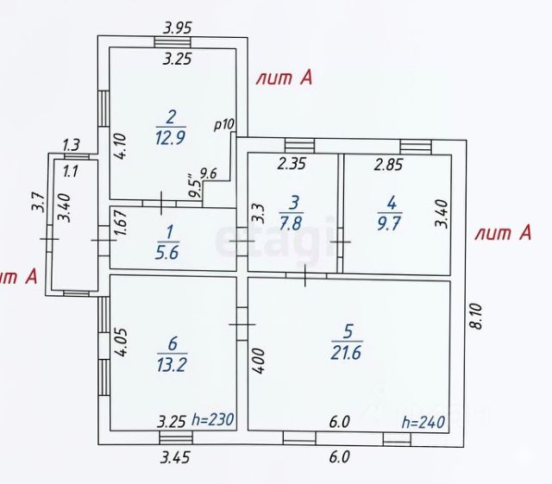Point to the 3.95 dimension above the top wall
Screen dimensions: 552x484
tap(178, 27)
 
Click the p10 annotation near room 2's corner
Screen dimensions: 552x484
tap(224, 124)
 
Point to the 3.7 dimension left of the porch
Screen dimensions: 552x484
tap(37, 204)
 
